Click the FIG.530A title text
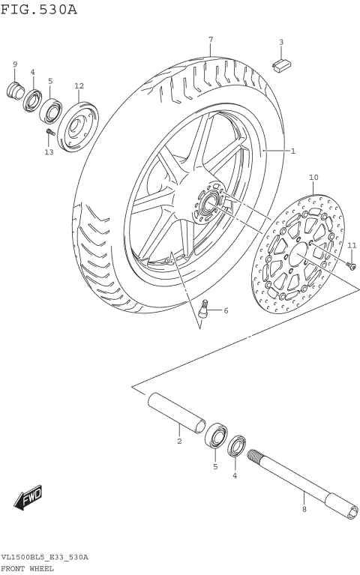pyautogui.click(x=39, y=9)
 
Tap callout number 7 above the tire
pyautogui.click(x=211, y=39)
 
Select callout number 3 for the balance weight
pyautogui.click(x=281, y=43)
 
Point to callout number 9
pyautogui.click(x=14, y=64)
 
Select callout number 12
pyautogui.click(x=79, y=86)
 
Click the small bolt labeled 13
pyautogui.click(x=50, y=134)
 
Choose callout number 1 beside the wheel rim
pyautogui.click(x=292, y=151)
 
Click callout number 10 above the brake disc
pyautogui.click(x=313, y=178)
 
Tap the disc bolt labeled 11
pyautogui.click(x=351, y=264)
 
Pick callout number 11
pyautogui.click(x=352, y=245)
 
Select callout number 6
pyautogui.click(x=225, y=310)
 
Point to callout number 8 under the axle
pyautogui.click(x=304, y=509)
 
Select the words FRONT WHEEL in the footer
pyautogui.click(x=27, y=569)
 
